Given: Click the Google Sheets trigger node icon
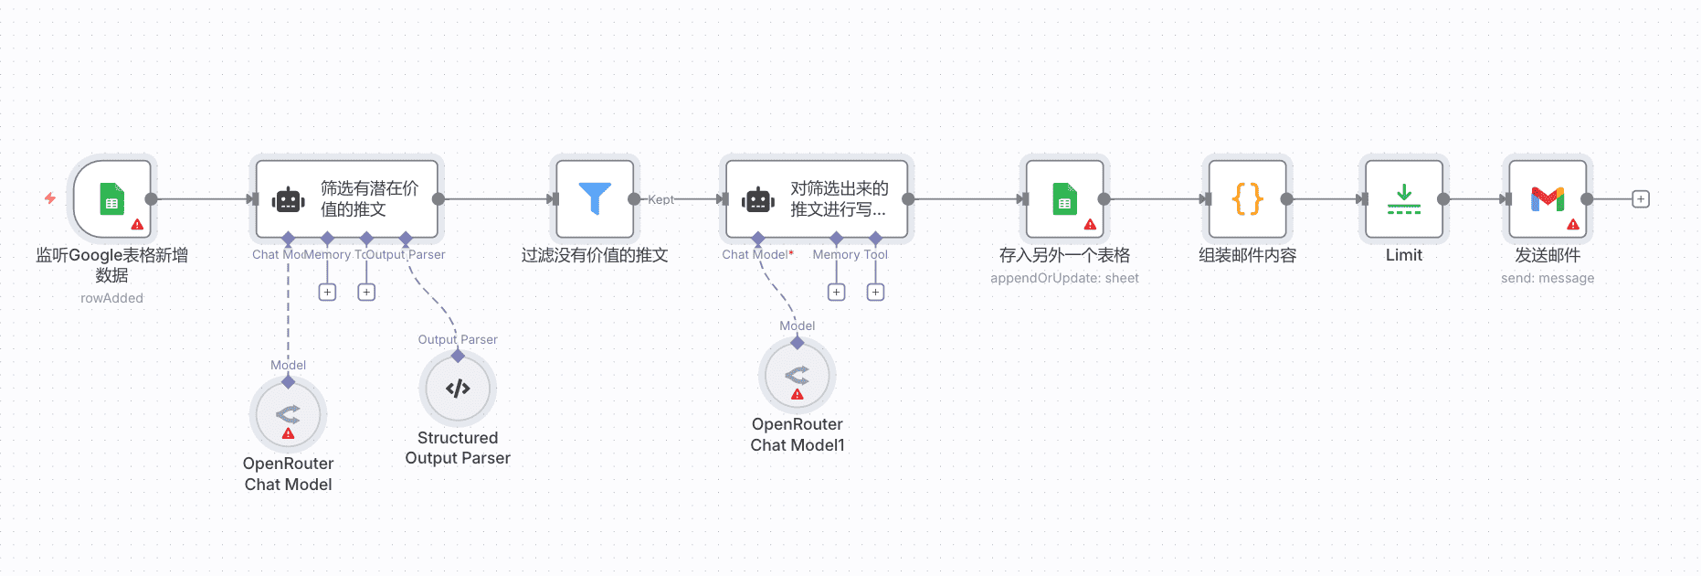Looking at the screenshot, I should (111, 199).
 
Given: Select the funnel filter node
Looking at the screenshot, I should (595, 199).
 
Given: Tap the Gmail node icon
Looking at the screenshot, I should (1548, 198).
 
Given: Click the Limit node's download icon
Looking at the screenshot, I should (1404, 199).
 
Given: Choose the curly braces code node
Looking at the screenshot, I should (1247, 199).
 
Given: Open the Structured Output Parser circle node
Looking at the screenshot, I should (458, 389).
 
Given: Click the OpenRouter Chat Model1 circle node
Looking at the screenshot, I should (798, 375).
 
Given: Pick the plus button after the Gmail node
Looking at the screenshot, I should (1641, 199).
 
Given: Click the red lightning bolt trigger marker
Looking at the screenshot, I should (50, 198).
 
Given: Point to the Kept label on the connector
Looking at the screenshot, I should (660, 199).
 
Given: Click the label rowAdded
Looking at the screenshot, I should (111, 298).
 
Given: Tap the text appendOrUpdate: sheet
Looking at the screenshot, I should (1064, 278).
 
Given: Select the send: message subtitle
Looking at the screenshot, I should (1547, 278).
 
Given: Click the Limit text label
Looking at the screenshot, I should (1404, 255).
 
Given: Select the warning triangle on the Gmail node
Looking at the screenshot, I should (1572, 224).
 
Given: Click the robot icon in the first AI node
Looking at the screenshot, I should (289, 199).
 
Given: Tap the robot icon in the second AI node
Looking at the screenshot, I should (758, 199).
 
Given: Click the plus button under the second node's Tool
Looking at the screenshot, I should (875, 293).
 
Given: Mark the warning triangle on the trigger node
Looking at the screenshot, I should (137, 224).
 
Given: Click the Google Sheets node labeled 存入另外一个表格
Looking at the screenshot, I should (1064, 199).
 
